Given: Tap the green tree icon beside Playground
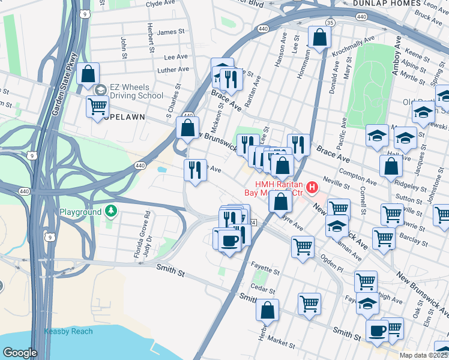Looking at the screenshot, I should coord(110,211).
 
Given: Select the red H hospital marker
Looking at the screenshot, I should coord(312,188).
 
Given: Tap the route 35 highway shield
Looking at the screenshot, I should coord(330,22).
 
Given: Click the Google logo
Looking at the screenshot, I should coord(20,353).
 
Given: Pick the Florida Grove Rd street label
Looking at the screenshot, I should coord(137,235).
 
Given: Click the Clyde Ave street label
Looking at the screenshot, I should coord(160,4).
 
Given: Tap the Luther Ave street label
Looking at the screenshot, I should coord(173,70).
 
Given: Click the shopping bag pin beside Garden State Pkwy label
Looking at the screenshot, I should coord(88,74).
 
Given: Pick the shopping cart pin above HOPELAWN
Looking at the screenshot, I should coord(97,107).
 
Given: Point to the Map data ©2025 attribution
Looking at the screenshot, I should coord(424,355).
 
